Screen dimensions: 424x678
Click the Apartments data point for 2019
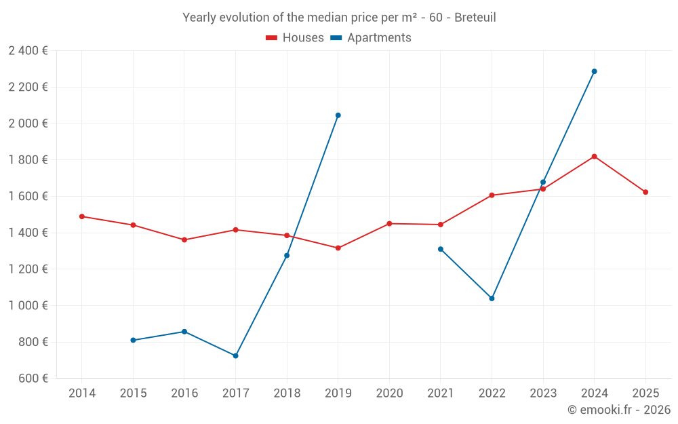pyautogui.click(x=338, y=115)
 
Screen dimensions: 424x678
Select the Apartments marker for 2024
pyautogui.click(x=594, y=71)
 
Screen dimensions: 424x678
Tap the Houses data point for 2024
pyautogui.click(x=594, y=157)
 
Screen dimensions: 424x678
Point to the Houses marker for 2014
pyautogui.click(x=82, y=216)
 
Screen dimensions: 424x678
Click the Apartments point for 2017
pyautogui.click(x=235, y=355)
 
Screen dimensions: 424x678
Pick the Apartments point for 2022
pyautogui.click(x=492, y=298)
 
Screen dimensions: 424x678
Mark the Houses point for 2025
pyautogui.click(x=645, y=192)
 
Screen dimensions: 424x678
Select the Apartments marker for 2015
pyautogui.click(x=133, y=340)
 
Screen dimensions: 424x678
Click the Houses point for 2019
pyautogui.click(x=338, y=248)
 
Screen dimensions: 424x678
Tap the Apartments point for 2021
pyautogui.click(x=441, y=249)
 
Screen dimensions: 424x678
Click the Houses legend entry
pyautogui.click(x=295, y=38)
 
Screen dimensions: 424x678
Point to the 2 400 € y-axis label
pyautogui.click(x=28, y=50)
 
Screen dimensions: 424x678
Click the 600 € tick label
pyautogui.click(x=33, y=379)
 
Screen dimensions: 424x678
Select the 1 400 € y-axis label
pyautogui.click(x=28, y=233)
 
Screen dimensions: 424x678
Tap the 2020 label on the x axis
pyautogui.click(x=389, y=393)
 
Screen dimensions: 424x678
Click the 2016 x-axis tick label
pyautogui.click(x=184, y=393)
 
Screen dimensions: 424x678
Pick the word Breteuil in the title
pyautogui.click(x=475, y=17)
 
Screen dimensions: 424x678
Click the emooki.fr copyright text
pyautogui.click(x=618, y=410)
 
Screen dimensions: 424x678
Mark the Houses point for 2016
pyautogui.click(x=184, y=239)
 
